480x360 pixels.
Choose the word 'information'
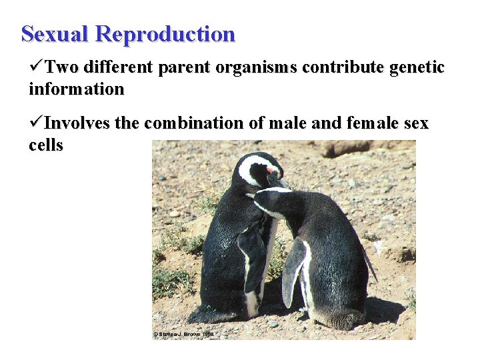pos(76,89)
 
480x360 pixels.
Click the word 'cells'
pos(46,145)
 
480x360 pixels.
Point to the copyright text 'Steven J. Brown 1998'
pos(185,334)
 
